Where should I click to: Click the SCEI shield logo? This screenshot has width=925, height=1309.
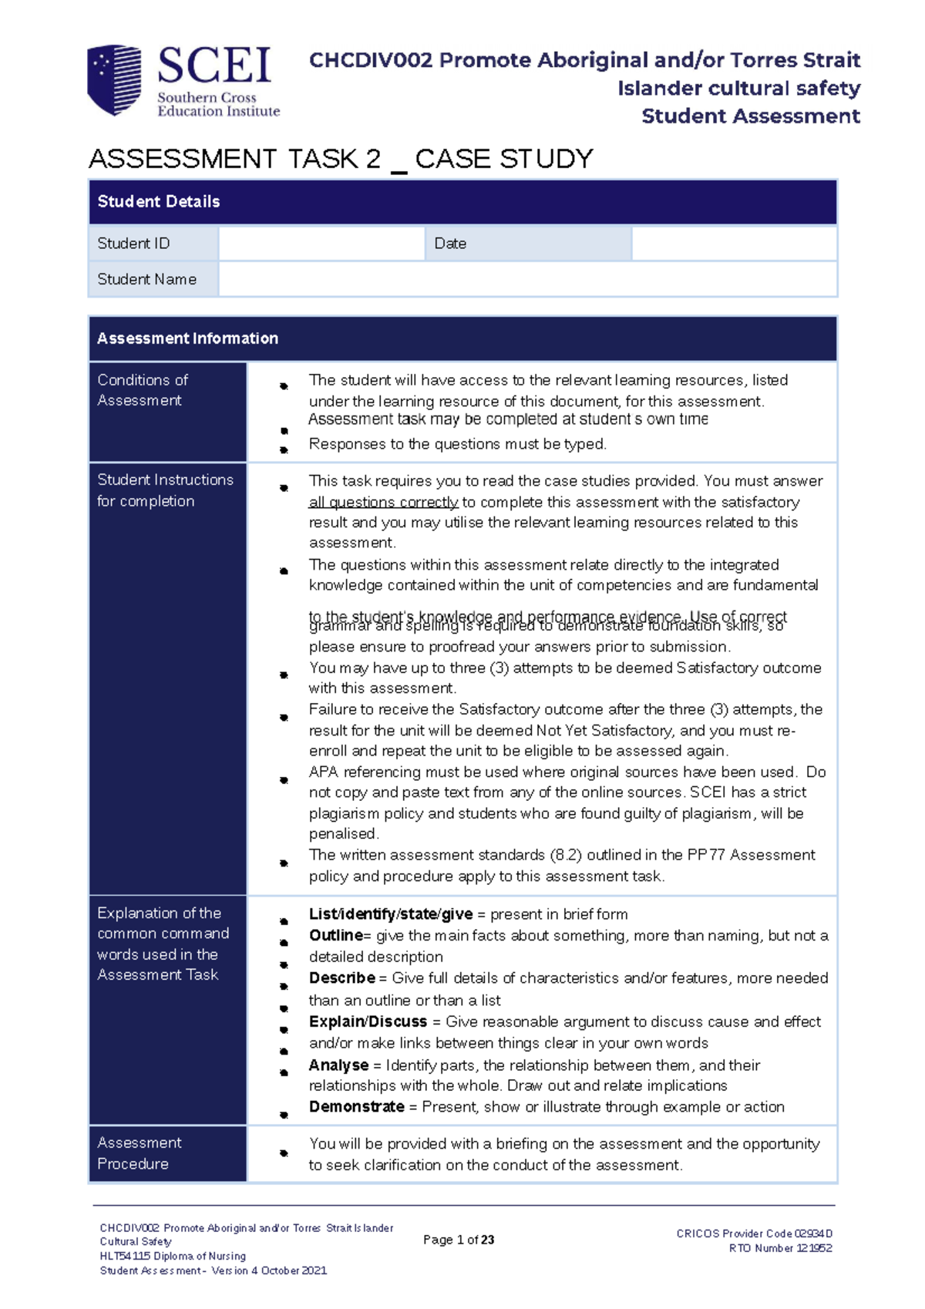[x=114, y=79]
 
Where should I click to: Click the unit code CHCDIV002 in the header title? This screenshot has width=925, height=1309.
[x=370, y=60]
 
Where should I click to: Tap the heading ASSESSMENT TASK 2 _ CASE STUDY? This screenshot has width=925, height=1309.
[x=341, y=159]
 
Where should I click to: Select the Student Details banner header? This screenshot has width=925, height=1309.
[x=462, y=202]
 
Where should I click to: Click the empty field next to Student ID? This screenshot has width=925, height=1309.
[x=321, y=244]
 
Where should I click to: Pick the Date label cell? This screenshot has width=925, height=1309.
[x=450, y=244]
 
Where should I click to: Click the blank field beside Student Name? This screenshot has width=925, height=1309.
[x=527, y=279]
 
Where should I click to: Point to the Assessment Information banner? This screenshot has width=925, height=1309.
[x=462, y=338]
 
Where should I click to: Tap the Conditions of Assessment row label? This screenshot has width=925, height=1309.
[x=143, y=390]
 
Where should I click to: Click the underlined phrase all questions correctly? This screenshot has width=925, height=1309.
[x=383, y=503]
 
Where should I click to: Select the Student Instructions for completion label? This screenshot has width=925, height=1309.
[x=165, y=490]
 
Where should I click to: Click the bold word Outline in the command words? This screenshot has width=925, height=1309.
[x=335, y=936]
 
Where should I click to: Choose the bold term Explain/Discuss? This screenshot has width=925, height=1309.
[x=368, y=1022]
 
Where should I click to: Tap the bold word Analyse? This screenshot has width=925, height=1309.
[x=338, y=1065]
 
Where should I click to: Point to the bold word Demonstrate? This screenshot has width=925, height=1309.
[x=356, y=1107]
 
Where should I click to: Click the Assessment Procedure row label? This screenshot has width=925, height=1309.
[x=140, y=1153]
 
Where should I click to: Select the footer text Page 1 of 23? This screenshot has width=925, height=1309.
[x=459, y=1240]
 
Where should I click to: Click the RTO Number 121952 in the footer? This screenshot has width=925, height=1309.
[x=780, y=1248]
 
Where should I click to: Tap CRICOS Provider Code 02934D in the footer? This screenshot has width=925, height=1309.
[x=754, y=1233]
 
